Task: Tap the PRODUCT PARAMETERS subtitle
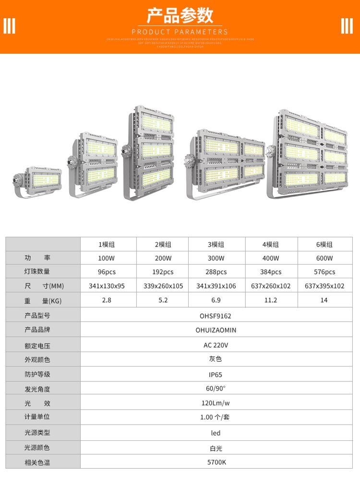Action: pyautogui.click(x=180, y=32)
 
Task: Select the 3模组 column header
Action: pyautogui.click(x=216, y=245)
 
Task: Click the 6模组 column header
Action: pyautogui.click(x=324, y=245)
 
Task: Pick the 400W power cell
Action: pyautogui.click(x=271, y=258)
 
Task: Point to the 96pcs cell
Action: pyautogui.click(x=107, y=272)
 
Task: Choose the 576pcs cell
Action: pyautogui.click(x=324, y=272)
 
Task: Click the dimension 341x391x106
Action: pyautogui.click(x=216, y=286)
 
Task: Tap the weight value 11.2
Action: pyautogui.click(x=271, y=300)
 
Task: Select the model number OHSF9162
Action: pyautogui.click(x=216, y=316)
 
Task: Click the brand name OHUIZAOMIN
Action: pyautogui.click(x=216, y=330)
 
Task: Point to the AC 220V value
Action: pyautogui.click(x=216, y=345)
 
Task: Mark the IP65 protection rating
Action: pyautogui.click(x=216, y=375)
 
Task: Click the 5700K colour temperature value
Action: pyautogui.click(x=216, y=462)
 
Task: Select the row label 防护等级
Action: pyautogui.click(x=37, y=375)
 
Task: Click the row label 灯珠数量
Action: pyautogui.click(x=37, y=272)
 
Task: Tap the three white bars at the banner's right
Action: pyautogui.click(x=347, y=26)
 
